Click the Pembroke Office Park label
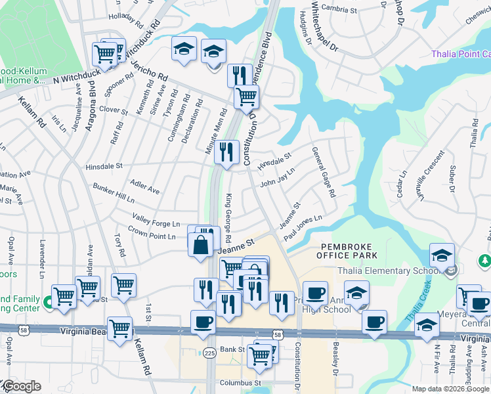click(348, 250)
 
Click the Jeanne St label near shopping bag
click(236, 246)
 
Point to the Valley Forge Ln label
click(156, 220)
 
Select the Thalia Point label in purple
click(460, 55)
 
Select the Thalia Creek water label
click(420, 299)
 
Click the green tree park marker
click(484, 261)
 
